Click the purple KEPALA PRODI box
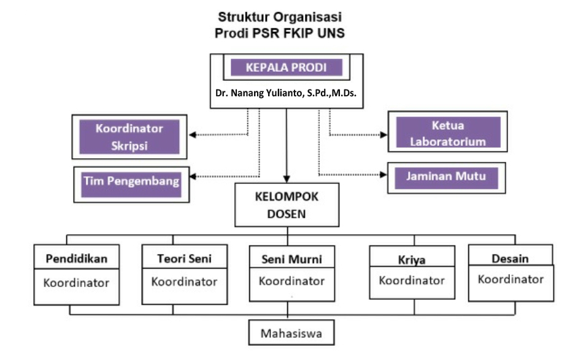click(x=286, y=67)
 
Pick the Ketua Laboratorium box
click(x=449, y=132)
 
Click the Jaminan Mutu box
click(x=446, y=177)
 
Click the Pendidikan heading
click(x=77, y=259)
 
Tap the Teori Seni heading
click(x=184, y=259)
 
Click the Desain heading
click(x=511, y=258)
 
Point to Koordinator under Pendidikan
click(x=77, y=283)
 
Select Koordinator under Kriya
click(x=412, y=281)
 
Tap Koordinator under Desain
click(x=511, y=280)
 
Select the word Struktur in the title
click(x=240, y=18)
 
